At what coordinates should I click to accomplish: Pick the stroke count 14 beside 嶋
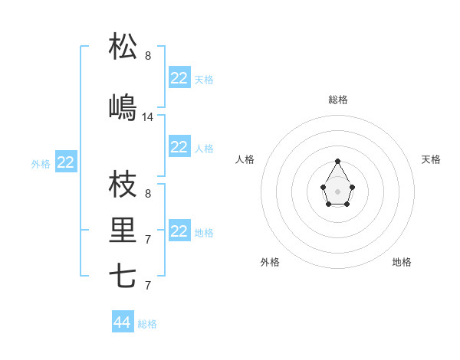pyautogui.click(x=148, y=117)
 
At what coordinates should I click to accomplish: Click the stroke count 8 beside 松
pyautogui.click(x=148, y=56)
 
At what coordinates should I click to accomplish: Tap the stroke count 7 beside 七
pyautogui.click(x=148, y=286)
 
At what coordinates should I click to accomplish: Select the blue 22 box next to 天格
pyautogui.click(x=179, y=78)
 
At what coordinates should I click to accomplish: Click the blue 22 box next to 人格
pyautogui.click(x=179, y=147)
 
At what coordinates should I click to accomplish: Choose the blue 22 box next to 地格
pyautogui.click(x=179, y=231)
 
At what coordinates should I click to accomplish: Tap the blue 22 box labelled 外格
pyautogui.click(x=66, y=162)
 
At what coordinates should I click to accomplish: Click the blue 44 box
pyautogui.click(x=123, y=322)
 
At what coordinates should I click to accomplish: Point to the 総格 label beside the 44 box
pyautogui.click(x=147, y=324)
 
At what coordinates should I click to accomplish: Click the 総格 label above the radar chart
pyautogui.click(x=338, y=100)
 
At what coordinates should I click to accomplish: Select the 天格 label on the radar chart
pyautogui.click(x=431, y=159)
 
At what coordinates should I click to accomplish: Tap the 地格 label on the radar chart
pyautogui.click(x=402, y=262)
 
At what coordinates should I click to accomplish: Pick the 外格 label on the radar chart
pyautogui.click(x=270, y=262)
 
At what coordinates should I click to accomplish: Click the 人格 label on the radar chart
pyautogui.click(x=245, y=159)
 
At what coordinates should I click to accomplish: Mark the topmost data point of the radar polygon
pyautogui.click(x=338, y=161)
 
